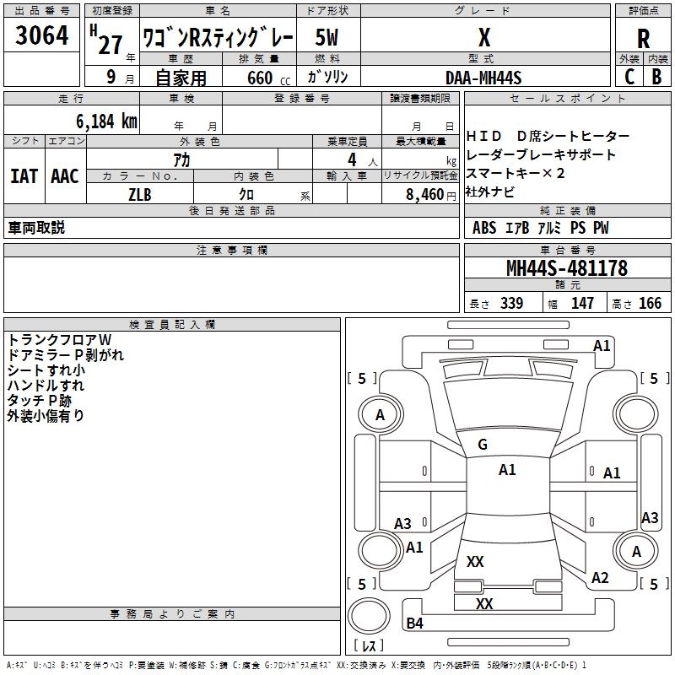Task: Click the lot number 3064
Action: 41,35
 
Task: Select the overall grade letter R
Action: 643,39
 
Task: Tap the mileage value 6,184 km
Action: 107,121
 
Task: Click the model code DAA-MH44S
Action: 483,78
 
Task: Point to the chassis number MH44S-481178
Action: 567,268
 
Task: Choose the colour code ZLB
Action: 140,195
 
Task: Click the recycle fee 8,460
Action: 425,195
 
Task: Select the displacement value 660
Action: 260,78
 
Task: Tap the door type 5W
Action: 327,37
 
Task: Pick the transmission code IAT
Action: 24,176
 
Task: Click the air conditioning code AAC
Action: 65,176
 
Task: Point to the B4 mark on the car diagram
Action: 414,623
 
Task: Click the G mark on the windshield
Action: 483,445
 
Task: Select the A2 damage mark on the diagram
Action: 600,578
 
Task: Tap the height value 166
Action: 650,303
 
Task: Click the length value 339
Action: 512,303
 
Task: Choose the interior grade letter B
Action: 656,77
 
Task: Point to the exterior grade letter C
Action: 629,77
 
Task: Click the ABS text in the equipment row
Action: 484,228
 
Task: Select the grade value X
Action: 484,37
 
